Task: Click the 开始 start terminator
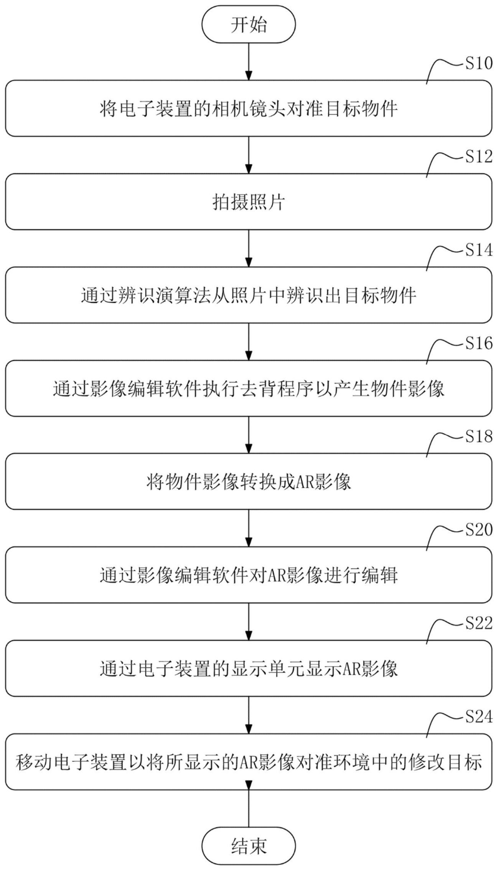coord(249,24)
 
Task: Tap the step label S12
coord(479,157)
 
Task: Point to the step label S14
coord(479,250)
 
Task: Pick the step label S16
coord(479,343)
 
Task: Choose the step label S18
coord(479,436)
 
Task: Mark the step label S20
coord(479,529)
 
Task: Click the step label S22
coord(479,623)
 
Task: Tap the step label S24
coord(479,716)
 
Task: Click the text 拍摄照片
coord(249,202)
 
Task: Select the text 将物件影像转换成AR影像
coord(249,482)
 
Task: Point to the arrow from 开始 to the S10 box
coord(249,61)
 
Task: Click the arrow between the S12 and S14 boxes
coord(249,248)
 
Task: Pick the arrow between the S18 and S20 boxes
coord(249,528)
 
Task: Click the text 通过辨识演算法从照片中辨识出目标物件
coord(249,295)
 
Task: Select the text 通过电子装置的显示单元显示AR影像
coord(249,669)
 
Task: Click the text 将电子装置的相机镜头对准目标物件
coord(249,109)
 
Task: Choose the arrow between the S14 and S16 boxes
coord(249,341)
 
